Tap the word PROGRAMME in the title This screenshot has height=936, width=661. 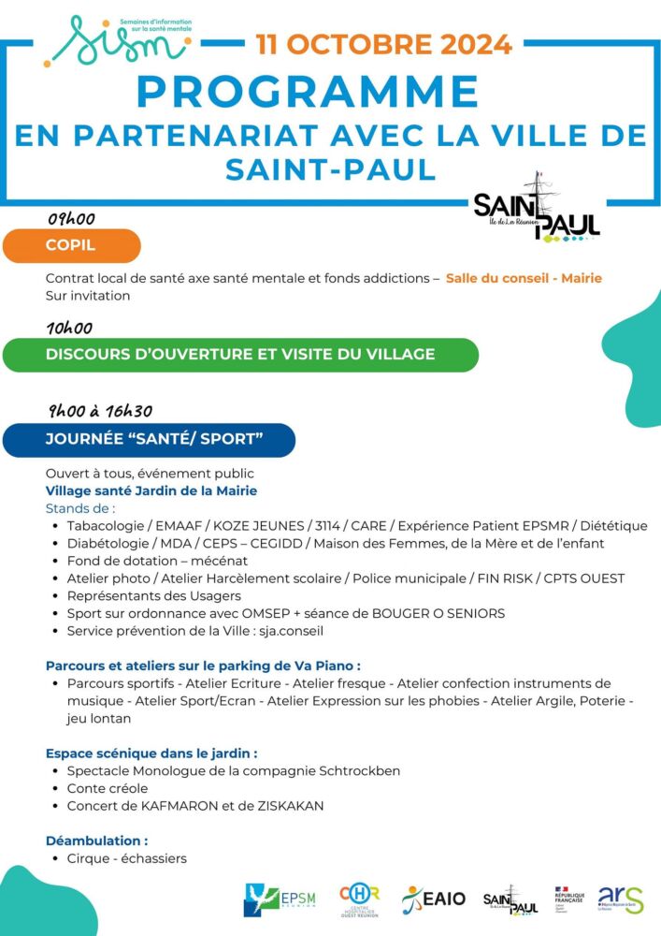point(308,92)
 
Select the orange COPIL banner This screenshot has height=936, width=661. point(72,246)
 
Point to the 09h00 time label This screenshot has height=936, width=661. point(72,219)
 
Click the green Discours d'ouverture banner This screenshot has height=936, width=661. point(240,355)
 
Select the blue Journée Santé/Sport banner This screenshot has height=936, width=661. point(150,439)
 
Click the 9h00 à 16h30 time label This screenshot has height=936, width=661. point(101,412)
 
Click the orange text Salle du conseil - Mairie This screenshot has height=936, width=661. point(524,278)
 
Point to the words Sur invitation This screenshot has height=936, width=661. point(88,296)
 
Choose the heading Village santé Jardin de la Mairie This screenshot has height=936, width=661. point(151,490)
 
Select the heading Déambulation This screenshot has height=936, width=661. point(96,841)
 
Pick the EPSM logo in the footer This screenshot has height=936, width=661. point(280,899)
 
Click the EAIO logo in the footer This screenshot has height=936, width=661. point(434,899)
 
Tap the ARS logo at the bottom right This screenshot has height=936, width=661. point(621,899)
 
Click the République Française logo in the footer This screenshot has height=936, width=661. point(568,899)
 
